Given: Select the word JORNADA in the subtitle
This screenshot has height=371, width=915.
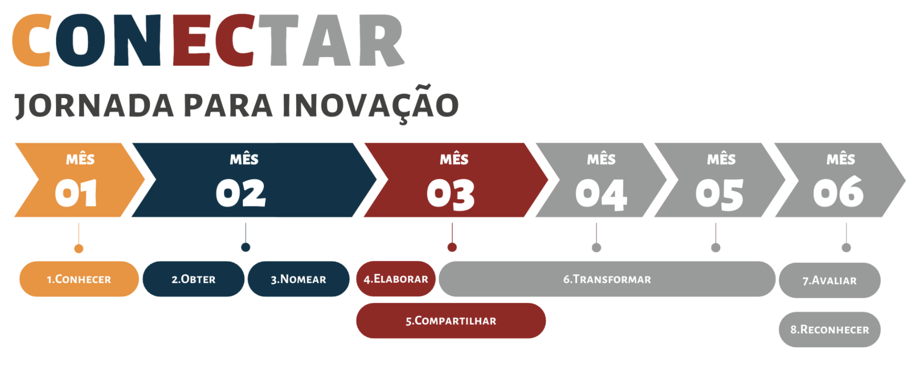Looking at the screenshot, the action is point(94,105).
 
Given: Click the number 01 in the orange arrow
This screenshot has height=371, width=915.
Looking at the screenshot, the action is point(76,193).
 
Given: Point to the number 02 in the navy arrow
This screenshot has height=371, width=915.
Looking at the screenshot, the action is point(241,193).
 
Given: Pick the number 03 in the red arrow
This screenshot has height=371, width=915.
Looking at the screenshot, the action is point(451,195).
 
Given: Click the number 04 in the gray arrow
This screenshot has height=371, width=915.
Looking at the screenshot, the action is point(601,195).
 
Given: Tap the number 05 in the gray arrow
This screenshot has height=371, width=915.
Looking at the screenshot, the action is point(719,195).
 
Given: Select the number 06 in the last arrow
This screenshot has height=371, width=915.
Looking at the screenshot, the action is point(838,191).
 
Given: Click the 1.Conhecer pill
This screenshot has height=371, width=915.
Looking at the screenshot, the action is point(79,279).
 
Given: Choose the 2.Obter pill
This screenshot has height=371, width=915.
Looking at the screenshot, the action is point(194,279).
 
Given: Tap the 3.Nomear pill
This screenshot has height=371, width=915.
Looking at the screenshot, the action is point(299,279).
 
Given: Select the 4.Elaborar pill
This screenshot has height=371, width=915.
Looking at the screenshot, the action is point(396,278).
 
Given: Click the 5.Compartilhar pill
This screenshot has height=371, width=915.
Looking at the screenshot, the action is point(451,320).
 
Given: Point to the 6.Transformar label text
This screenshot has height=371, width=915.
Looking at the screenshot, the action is point(607,279).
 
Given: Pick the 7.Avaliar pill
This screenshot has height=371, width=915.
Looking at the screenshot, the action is point(829,280).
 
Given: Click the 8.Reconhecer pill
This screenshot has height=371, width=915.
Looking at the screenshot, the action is point(829,329).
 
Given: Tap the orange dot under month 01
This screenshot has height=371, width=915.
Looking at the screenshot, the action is point(79,248).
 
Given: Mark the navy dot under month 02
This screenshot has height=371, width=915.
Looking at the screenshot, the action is point(245,247).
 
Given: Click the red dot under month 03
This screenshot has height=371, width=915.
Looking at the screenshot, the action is point(452,247).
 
